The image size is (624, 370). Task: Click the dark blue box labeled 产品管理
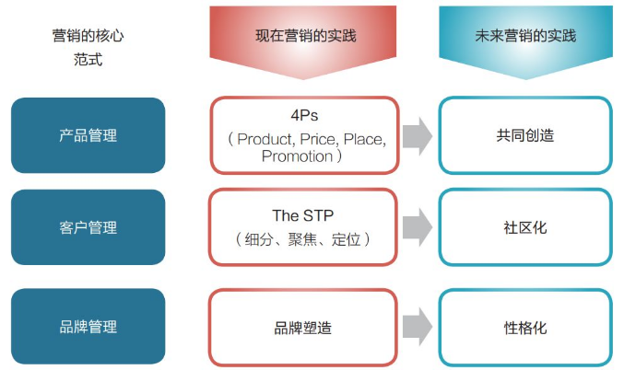(x=88, y=135)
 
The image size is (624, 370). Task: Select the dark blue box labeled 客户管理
(x=88, y=226)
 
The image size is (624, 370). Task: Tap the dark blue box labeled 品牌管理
(x=88, y=326)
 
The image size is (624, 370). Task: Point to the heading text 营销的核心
(x=88, y=36)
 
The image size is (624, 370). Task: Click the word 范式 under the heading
(x=88, y=60)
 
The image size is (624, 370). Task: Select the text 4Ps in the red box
(x=304, y=117)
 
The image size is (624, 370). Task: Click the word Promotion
(x=297, y=156)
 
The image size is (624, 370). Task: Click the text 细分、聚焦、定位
(x=302, y=238)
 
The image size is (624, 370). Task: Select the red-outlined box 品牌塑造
(x=303, y=327)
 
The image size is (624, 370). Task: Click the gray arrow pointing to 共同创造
(x=418, y=135)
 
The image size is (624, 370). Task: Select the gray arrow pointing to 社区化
(x=418, y=226)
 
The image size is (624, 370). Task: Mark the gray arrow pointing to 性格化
(x=418, y=327)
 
